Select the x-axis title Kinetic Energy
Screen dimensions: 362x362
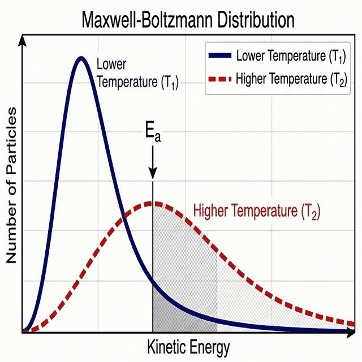189,346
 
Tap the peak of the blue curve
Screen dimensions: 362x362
81,58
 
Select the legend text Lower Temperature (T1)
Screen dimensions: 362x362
291,56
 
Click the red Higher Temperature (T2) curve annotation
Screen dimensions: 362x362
257,212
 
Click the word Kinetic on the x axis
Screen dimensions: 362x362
166,346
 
